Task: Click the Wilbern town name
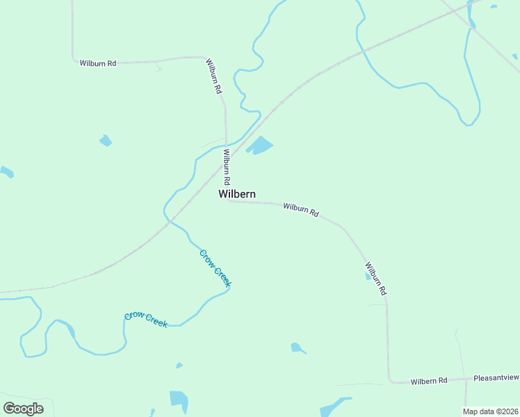(x=237, y=195)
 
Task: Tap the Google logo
(x=23, y=409)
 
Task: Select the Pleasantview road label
(x=496, y=378)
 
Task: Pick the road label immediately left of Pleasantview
(x=428, y=381)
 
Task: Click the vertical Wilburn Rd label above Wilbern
(x=227, y=165)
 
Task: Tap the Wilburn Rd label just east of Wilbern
(x=300, y=209)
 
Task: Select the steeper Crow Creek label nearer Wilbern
(x=215, y=268)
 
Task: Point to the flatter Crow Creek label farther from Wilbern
(x=146, y=320)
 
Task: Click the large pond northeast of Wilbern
(x=261, y=145)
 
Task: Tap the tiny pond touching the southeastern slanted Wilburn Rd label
(x=368, y=276)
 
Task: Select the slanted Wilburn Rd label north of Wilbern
(x=213, y=76)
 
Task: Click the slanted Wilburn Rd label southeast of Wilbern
(x=375, y=278)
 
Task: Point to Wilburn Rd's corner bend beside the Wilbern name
(x=227, y=200)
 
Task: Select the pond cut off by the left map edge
(x=6, y=172)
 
